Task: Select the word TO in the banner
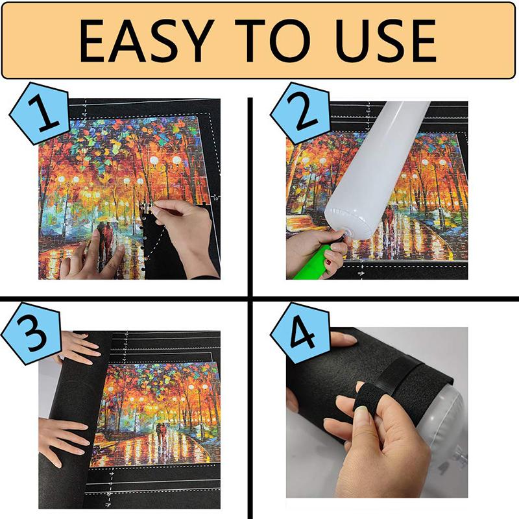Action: [x=267, y=40]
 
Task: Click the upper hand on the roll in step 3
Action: [x=78, y=348]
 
